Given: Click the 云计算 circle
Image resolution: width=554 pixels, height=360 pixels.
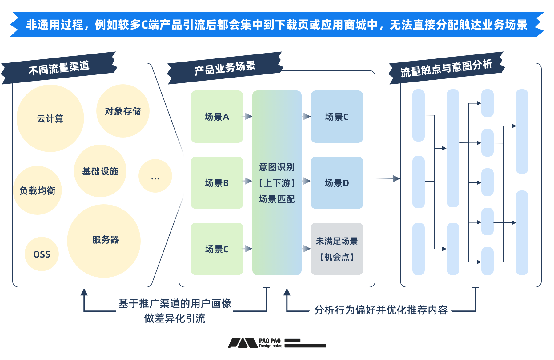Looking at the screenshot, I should pos(50,118).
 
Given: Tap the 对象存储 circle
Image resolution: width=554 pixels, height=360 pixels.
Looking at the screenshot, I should pos(123,111).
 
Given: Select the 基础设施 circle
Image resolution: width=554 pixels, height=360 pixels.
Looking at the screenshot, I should pos(100,171).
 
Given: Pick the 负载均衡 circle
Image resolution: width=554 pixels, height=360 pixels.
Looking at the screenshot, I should pos(38,190).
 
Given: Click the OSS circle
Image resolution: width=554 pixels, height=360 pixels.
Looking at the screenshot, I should pos(42,254).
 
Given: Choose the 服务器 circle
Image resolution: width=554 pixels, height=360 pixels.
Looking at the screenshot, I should pos(104,241).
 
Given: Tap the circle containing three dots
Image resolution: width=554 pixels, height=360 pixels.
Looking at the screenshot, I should pos(155,176).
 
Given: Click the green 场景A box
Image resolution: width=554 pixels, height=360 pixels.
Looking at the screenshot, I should pos(217,117).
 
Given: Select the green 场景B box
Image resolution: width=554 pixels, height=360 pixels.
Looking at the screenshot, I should pos(217,183).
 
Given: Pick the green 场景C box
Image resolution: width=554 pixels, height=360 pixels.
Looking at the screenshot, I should pos(217,249).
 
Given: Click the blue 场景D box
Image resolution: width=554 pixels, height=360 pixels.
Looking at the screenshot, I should pos(337,183).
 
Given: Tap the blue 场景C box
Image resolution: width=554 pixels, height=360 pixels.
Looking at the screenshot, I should pos(337,117).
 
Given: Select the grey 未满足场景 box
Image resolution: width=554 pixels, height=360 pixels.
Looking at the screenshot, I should pos(337,249).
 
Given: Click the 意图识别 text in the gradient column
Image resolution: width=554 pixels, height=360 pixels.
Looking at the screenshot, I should pos(277,167).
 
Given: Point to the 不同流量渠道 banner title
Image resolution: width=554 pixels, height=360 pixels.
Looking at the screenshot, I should pos(59,68).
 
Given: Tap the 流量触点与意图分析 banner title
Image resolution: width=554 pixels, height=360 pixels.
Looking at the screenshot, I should pos(446,68).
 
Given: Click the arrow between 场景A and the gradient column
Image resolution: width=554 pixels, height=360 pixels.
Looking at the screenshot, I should pos(248,117).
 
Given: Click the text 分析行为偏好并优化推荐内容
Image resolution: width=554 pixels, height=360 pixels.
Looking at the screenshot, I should pos(381,310).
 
